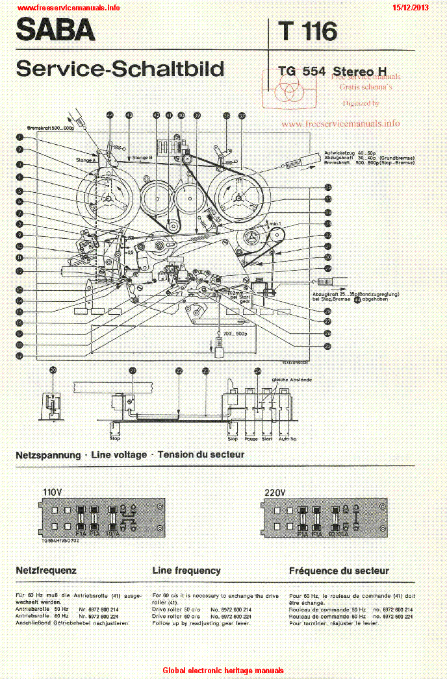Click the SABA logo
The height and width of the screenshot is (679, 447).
coord(55,31)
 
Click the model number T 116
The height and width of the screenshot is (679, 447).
coord(307,31)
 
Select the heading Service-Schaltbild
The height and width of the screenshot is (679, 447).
coord(120,69)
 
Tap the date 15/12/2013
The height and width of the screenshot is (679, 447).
coord(411,7)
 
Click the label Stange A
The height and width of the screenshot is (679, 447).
coord(86,159)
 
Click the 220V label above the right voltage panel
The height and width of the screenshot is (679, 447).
coord(275,491)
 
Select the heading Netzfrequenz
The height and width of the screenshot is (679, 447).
coord(46,571)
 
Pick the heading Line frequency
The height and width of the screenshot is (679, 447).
coord(186,571)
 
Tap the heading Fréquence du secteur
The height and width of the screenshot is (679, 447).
coord(338,571)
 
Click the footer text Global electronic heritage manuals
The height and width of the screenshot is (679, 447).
coord(223,671)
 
